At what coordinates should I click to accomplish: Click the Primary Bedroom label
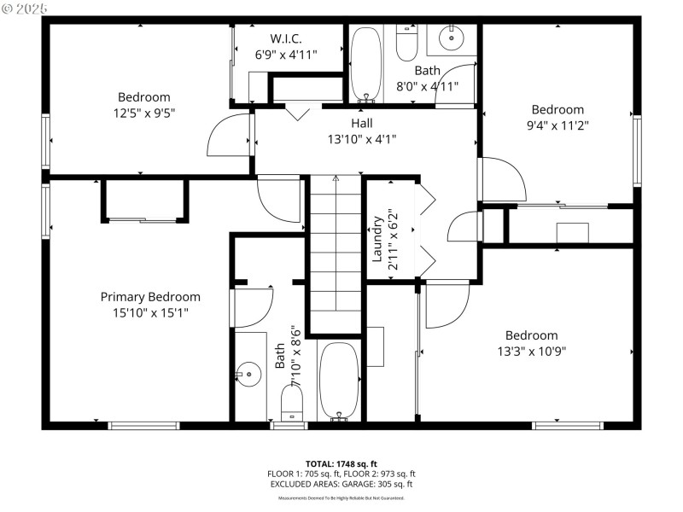click(x=150, y=297)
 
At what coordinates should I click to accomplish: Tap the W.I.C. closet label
click(x=286, y=38)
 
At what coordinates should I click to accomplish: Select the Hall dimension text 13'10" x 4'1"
click(x=361, y=138)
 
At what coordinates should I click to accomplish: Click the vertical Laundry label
click(x=377, y=239)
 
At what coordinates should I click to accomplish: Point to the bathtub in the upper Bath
click(x=368, y=64)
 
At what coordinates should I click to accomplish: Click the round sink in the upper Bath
click(x=450, y=37)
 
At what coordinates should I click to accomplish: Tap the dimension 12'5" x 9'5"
click(x=143, y=113)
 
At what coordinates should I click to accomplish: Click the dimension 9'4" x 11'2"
click(x=557, y=125)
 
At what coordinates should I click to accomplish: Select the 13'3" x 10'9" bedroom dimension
click(x=532, y=351)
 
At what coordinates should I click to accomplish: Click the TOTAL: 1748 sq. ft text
click(x=341, y=463)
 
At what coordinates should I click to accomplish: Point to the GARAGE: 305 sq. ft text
click(x=376, y=484)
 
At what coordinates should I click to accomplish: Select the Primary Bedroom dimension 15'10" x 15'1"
click(x=150, y=312)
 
